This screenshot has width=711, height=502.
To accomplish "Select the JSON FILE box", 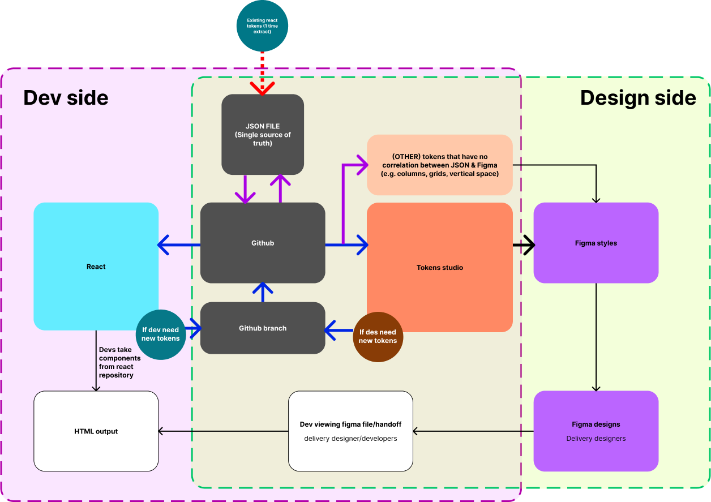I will [263, 135].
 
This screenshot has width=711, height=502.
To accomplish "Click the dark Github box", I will [263, 243].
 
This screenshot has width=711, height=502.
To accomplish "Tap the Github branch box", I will [263, 328].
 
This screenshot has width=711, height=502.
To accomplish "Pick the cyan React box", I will [96, 266].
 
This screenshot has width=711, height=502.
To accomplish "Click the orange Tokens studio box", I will [439, 267].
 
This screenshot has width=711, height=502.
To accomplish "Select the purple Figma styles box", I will [596, 243].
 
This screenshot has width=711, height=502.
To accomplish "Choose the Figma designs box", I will [596, 431].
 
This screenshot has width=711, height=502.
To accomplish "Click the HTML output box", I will [96, 431].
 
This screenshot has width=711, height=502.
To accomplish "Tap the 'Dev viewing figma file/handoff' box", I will [350, 431].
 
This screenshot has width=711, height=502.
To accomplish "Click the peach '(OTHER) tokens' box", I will [439, 165].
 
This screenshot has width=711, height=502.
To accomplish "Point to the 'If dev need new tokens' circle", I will [161, 334].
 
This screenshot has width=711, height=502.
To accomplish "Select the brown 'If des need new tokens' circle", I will [378, 336].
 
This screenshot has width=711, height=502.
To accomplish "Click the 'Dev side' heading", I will [66, 98].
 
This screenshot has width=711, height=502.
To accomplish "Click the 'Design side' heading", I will [637, 98].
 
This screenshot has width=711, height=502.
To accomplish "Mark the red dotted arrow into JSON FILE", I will [262, 71].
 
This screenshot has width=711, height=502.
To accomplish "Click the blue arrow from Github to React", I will [179, 245].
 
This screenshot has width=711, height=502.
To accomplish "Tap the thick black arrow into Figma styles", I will [524, 245].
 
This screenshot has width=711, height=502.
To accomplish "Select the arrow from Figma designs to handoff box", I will [473, 431].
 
